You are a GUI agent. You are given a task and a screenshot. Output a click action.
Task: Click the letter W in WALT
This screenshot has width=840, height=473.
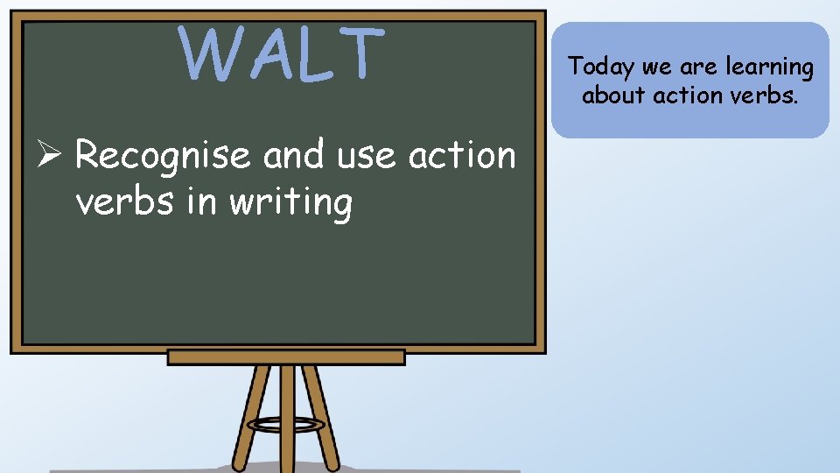click(x=211, y=53)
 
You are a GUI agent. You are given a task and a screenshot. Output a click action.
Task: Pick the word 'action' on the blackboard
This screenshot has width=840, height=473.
click(x=463, y=155)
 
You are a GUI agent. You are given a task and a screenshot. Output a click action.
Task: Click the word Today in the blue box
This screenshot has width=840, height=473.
click(x=599, y=67)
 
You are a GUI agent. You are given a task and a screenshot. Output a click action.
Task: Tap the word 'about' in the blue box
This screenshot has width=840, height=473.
click(x=613, y=94)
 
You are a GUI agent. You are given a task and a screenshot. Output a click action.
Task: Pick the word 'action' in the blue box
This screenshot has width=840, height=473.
click(x=690, y=94)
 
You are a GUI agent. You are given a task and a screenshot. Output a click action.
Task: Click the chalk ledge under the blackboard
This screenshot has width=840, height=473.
click(x=286, y=357)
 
